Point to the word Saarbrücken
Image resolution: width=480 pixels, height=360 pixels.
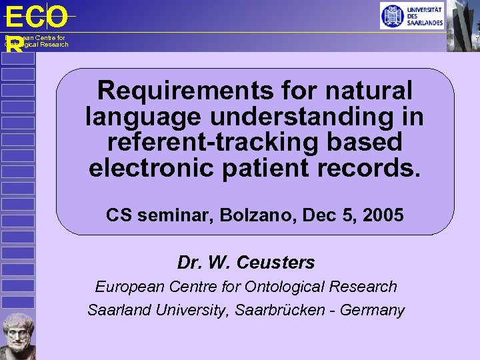(x=284, y=310)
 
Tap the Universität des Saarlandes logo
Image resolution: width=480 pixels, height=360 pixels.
(x=411, y=15)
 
